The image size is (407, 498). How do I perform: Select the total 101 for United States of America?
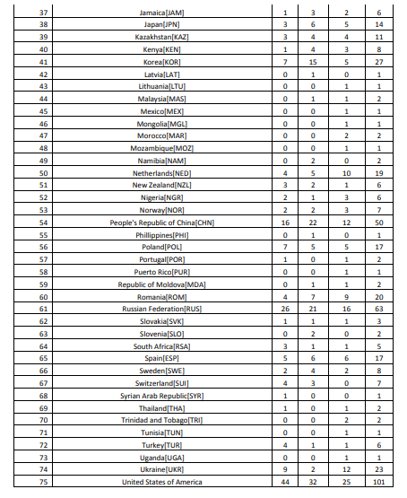[379, 482]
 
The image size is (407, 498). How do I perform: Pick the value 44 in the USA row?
[285, 482]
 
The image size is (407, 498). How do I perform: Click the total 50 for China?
[379, 222]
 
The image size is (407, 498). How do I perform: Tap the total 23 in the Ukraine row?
[379, 468]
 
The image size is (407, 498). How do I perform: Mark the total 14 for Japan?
[379, 26]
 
